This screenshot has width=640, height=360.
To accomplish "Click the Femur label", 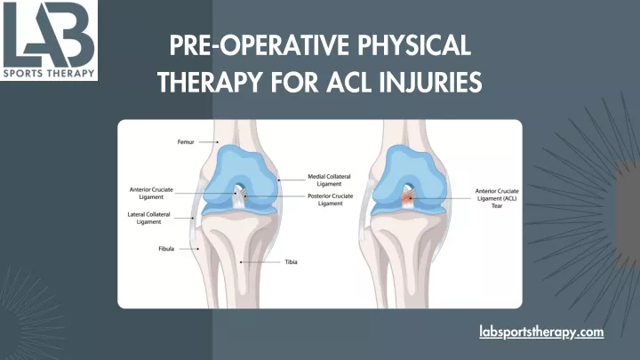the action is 186,142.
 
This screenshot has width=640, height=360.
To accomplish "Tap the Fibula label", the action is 166,249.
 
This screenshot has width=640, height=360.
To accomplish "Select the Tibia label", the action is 291,262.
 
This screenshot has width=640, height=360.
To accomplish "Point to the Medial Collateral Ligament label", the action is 329,180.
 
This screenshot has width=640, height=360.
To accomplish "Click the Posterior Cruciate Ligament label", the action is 330,200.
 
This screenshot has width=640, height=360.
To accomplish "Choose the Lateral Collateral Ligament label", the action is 148,218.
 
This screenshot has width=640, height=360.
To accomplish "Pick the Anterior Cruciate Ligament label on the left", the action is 151,193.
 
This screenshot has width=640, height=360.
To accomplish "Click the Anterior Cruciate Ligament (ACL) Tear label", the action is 497,198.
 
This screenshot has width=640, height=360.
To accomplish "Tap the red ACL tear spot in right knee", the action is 408,199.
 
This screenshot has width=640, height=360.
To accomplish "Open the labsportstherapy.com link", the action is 541,332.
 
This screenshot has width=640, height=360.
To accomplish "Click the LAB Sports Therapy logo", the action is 49,40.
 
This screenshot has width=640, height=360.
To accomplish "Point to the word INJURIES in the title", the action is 430,82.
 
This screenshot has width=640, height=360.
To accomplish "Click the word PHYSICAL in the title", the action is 414,45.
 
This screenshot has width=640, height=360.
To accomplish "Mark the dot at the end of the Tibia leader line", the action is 241,262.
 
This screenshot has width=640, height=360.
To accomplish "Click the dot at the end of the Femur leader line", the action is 218,142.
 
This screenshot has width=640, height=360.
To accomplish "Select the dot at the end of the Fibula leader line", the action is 198,249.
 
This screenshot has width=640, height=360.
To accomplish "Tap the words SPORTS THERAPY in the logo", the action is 49,74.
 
